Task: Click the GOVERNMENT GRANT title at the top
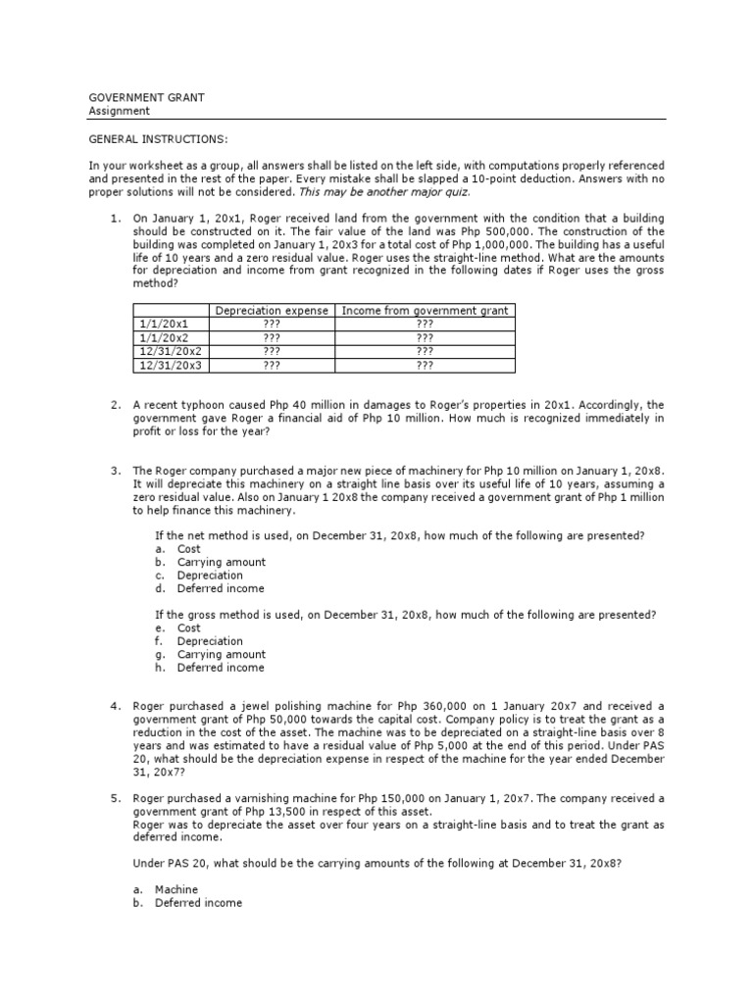pos(146,98)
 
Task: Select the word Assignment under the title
pos(119,111)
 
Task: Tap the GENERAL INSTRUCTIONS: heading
pos(158,139)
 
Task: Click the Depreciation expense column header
pos(272,311)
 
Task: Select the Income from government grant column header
pos(424,311)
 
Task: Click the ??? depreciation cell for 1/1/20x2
pos(272,337)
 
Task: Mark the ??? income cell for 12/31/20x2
pos(424,351)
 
